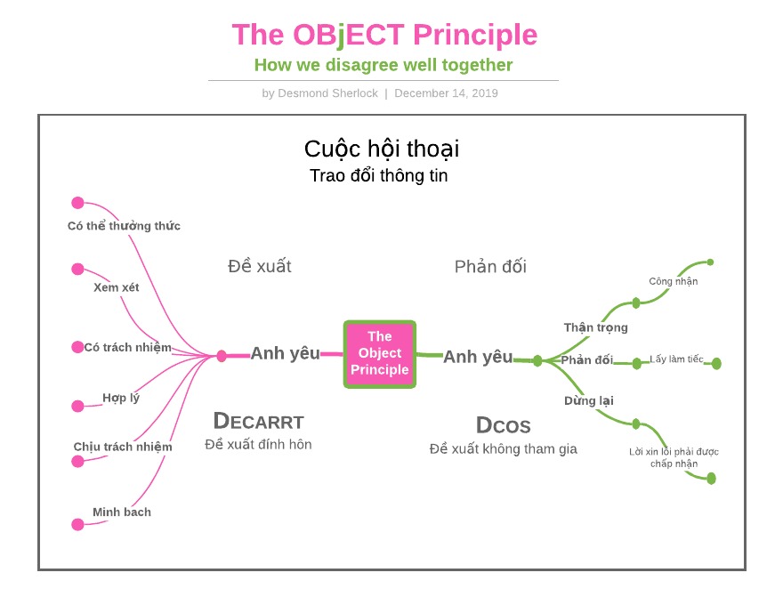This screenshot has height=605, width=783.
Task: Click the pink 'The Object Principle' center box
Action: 380,354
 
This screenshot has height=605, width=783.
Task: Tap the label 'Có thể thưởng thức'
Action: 124,226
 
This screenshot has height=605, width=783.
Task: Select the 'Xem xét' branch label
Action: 117,287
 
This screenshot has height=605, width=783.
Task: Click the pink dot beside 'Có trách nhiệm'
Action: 77,347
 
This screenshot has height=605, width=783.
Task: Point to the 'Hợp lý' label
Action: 121,398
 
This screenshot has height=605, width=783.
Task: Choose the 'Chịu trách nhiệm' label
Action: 123,447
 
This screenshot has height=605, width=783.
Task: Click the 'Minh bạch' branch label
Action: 122,512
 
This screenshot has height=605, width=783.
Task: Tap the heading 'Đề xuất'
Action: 260,266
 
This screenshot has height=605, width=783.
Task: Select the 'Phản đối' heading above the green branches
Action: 490,267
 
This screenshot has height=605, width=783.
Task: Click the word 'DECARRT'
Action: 259,422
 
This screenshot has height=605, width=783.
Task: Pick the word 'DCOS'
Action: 504,425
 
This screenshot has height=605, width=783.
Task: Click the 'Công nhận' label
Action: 674,281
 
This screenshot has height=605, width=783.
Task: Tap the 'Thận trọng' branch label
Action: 596,327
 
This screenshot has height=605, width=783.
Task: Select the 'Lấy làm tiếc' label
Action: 676,359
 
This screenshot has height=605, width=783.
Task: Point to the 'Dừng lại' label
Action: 589,401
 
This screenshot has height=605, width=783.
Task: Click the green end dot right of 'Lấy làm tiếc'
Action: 716,363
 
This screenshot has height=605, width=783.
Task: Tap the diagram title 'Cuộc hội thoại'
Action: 382,149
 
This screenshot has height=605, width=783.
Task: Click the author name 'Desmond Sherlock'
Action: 327,93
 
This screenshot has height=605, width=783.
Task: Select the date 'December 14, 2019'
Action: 446,93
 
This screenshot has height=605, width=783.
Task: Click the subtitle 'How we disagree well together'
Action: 383,65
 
